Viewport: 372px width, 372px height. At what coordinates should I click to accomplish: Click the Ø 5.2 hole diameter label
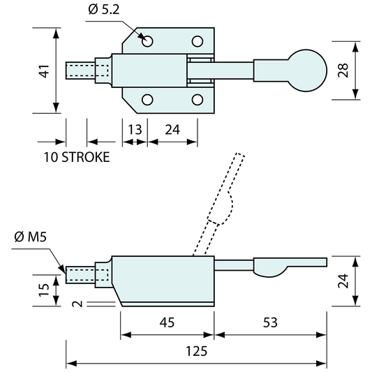coord(104,10)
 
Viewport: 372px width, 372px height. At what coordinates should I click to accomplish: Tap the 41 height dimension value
coord(45,71)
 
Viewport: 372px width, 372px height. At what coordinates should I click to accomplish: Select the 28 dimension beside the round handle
coord(343,70)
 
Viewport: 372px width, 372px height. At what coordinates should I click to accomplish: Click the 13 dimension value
coord(135,130)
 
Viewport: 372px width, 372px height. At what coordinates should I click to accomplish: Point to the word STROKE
coord(86,157)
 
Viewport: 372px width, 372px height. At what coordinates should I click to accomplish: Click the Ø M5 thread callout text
coord(31,237)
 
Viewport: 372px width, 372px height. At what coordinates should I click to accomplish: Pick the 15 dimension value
coord(44,290)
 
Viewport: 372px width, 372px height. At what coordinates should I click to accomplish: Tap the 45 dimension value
coord(167,322)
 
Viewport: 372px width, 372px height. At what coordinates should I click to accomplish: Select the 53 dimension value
coord(270,322)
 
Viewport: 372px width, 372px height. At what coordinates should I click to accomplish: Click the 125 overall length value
coord(196,351)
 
